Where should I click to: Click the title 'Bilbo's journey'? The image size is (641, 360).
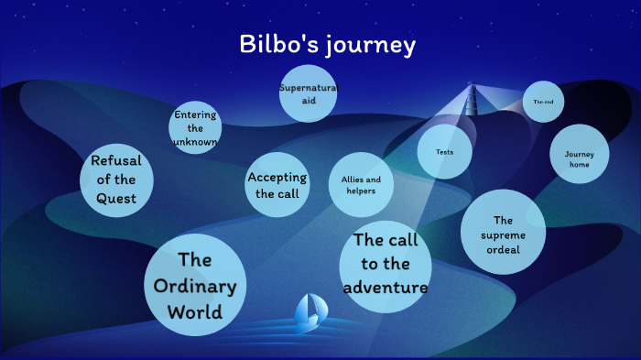tap(328, 44)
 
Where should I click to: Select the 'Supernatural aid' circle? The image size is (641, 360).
tap(308, 93)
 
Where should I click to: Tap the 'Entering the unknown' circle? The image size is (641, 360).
tap(195, 127)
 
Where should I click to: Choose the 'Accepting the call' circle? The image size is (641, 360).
tap(277, 185)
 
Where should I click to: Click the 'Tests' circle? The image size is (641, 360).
tap(444, 151)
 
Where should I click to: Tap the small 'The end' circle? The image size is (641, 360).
tap(543, 103)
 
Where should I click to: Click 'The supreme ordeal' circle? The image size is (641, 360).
tap(503, 233)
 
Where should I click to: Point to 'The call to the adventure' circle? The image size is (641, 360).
tap(385, 266)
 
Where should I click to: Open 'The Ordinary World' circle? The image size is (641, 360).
tap(195, 285)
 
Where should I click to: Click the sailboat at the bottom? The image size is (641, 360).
tap(308, 314)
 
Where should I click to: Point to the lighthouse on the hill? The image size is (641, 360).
tap(473, 99)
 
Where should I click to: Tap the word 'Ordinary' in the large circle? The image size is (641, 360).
tap(195, 286)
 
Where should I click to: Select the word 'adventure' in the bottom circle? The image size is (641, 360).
tap(386, 288)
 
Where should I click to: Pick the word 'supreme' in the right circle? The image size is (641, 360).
tap(503, 234)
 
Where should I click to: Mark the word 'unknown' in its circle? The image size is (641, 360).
tap(194, 142)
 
